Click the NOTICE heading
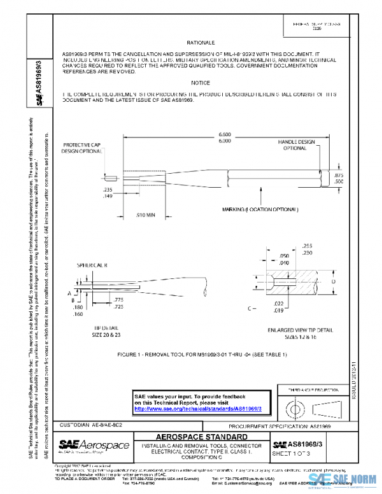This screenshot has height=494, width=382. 200,83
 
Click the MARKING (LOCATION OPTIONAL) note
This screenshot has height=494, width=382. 259,209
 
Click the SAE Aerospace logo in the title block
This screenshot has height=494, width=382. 94,444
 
